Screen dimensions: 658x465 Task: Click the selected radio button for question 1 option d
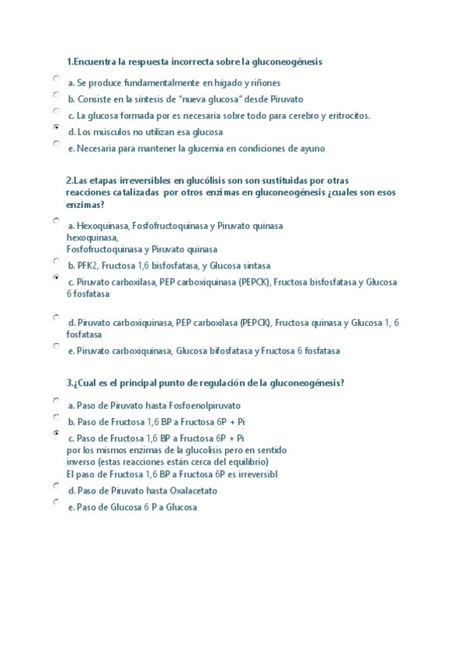[x=57, y=126]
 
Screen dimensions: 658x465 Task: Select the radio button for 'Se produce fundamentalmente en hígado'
[x=57, y=78]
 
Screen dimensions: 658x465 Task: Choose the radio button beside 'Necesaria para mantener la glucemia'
[x=57, y=143]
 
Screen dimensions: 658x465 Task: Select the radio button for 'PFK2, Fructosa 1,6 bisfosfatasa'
[x=57, y=261]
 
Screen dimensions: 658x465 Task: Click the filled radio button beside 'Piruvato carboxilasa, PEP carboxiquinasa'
[x=57, y=277]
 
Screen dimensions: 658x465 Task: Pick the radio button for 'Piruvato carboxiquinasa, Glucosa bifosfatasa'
[x=57, y=346]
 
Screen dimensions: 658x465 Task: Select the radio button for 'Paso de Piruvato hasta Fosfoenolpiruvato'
[x=57, y=400]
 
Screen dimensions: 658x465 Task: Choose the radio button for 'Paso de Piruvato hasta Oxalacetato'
[x=57, y=486]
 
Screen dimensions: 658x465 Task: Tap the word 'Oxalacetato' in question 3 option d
[x=191, y=490]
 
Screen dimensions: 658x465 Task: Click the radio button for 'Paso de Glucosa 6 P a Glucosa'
[x=57, y=502]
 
